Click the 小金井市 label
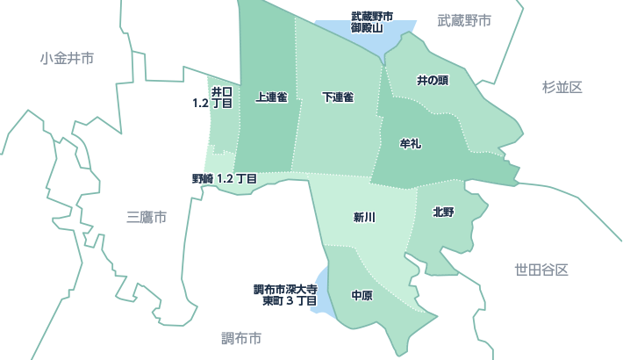(67, 58)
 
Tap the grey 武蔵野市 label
(464, 19)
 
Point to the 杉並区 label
(562, 86)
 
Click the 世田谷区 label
(542, 270)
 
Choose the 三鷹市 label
(147, 217)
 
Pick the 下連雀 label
(338, 97)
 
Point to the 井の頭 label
(433, 81)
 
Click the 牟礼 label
(411, 142)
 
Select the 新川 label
(365, 217)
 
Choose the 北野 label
(443, 212)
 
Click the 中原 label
(362, 296)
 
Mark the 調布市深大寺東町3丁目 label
(284, 294)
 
